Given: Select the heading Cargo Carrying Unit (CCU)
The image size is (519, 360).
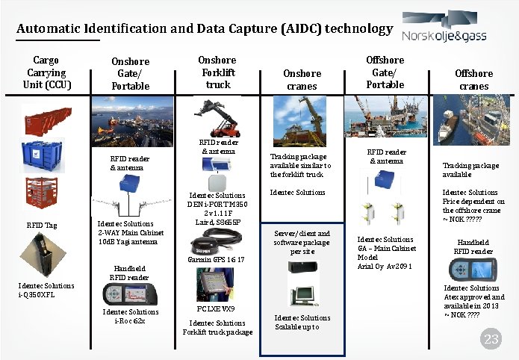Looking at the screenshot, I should (46, 72).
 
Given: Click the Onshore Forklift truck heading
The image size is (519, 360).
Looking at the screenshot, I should (217, 72).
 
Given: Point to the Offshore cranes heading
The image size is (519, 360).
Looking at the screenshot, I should (473, 79).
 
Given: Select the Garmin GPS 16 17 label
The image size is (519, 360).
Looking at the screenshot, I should (217, 259).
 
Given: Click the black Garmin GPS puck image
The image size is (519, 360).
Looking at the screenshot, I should (216, 241).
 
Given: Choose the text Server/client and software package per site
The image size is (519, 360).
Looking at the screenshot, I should (302, 243).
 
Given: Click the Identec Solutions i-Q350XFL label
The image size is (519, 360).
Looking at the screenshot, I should (46, 289).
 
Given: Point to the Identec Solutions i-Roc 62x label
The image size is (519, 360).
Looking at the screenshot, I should (130, 316).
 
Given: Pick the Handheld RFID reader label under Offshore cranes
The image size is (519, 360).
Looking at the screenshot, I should (473, 246).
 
